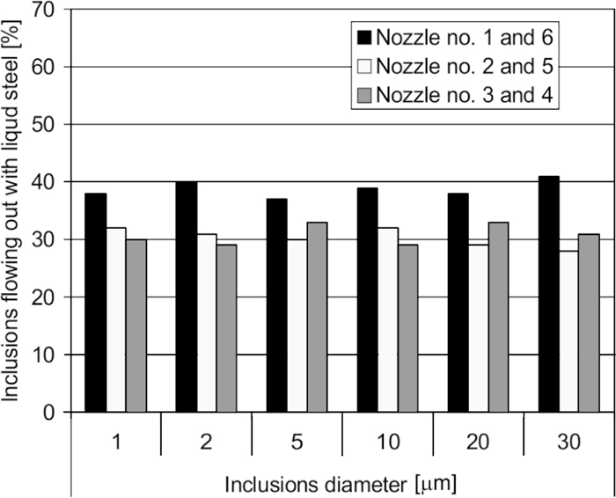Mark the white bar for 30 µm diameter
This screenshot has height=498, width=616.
coord(568,331)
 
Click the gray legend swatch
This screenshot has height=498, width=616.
coord(360,95)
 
